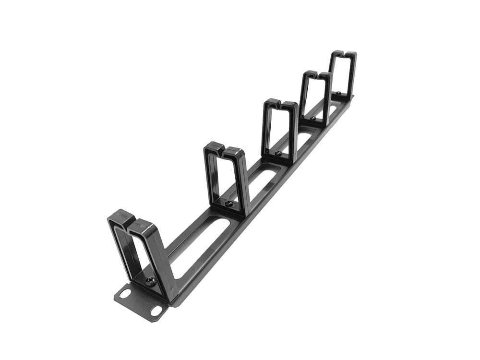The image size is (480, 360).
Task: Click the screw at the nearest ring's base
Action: (x=150, y=282)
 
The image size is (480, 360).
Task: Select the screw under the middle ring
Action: (x=278, y=154)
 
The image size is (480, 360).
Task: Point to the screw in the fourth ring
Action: (x=313, y=118)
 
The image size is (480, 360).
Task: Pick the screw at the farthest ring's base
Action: (x=339, y=93)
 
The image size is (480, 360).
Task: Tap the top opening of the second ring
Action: (x=223, y=149)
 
